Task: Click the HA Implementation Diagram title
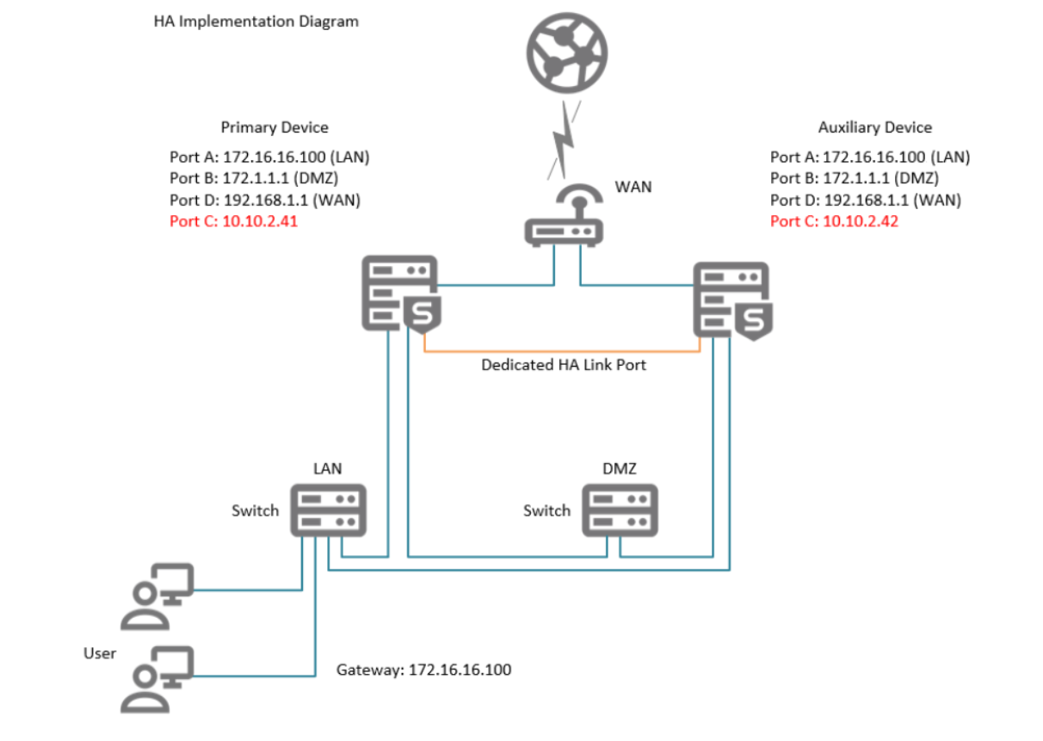[x=256, y=22]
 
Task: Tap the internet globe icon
[x=566, y=51]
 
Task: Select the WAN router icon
[x=564, y=220]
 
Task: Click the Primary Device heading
[x=275, y=127]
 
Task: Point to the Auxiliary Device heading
[x=874, y=127]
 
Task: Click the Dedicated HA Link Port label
[x=563, y=365]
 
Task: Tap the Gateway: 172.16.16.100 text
[x=423, y=669]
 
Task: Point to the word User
[x=100, y=653]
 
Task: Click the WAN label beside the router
[x=633, y=186]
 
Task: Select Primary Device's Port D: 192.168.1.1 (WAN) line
[x=265, y=201]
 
